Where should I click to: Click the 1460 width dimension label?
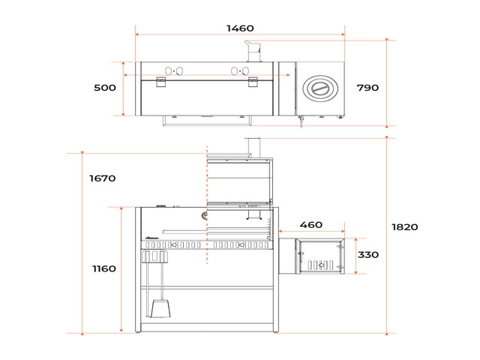point(240,28)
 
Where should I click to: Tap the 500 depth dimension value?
point(105,88)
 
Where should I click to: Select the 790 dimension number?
point(367,88)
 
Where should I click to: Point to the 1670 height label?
point(102,178)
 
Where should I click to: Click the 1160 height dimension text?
point(104,268)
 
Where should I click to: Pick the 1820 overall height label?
point(405,227)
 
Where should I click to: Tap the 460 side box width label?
point(310,225)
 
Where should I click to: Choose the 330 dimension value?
point(368,255)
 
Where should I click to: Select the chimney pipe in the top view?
point(253,51)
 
